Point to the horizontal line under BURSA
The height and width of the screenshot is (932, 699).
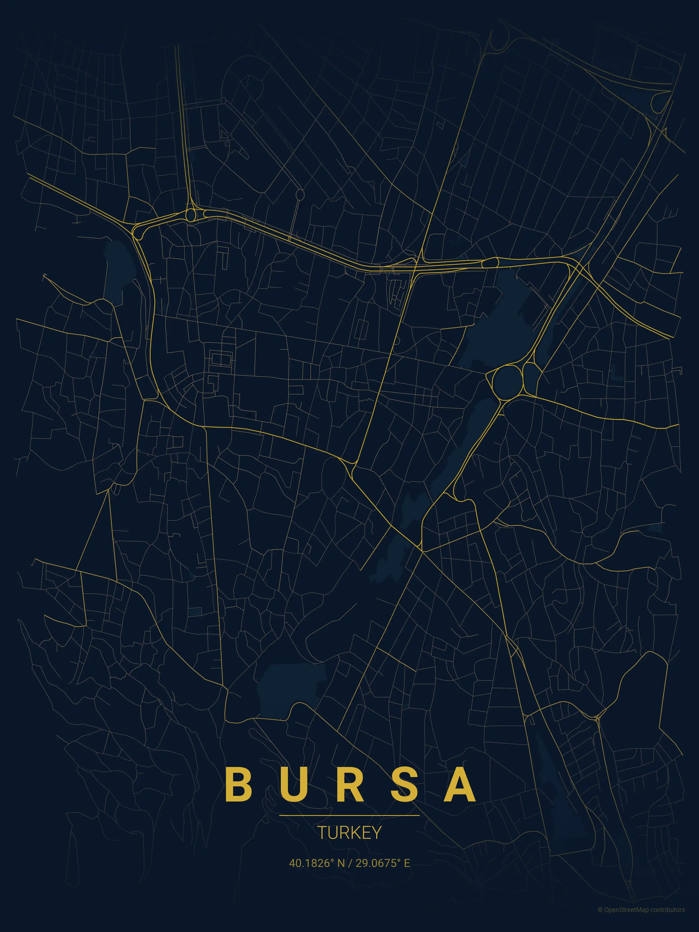pyautogui.click(x=349, y=815)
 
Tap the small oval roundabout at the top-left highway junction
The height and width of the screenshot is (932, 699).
pyautogui.click(x=190, y=215)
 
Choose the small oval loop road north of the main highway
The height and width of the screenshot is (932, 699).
pyautogui.click(x=300, y=195)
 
